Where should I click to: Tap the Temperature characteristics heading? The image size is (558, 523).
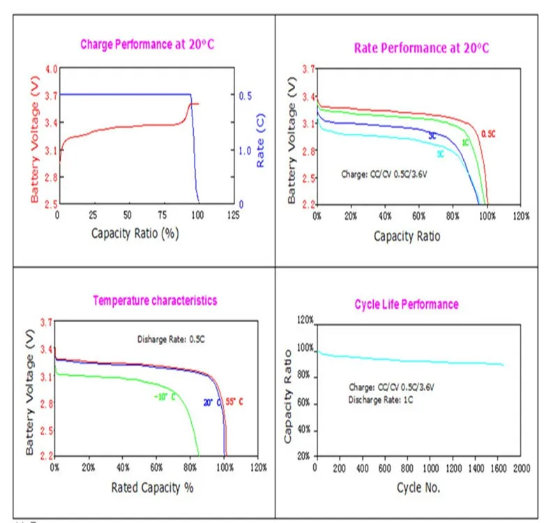point(155,301)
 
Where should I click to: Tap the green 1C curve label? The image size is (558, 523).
point(465,143)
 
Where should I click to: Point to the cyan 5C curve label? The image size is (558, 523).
point(441,153)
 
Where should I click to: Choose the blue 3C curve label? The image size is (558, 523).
point(432,135)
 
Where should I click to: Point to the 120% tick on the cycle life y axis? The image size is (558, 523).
point(305,320)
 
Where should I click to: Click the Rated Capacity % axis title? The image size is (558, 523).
point(152,487)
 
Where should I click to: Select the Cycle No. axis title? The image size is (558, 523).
point(418,487)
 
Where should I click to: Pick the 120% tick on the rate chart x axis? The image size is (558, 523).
point(520,217)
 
